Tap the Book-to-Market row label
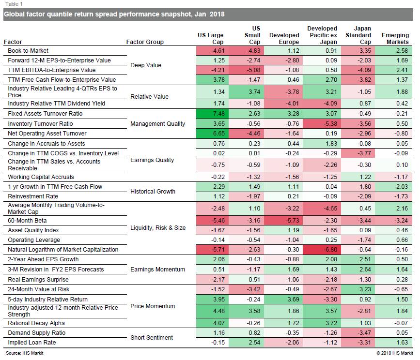(x=28, y=51)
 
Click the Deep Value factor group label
(x=146, y=65)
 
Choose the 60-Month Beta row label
(x=27, y=221)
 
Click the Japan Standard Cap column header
(x=358, y=35)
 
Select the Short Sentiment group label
(x=152, y=338)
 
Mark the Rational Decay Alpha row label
(x=36, y=323)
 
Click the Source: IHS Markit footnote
(x=24, y=353)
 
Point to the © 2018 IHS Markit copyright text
(x=394, y=353)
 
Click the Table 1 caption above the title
(x=14, y=4)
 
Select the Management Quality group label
(x=157, y=124)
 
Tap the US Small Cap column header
(x=252, y=35)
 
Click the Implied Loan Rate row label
(x=32, y=343)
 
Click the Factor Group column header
(x=145, y=42)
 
